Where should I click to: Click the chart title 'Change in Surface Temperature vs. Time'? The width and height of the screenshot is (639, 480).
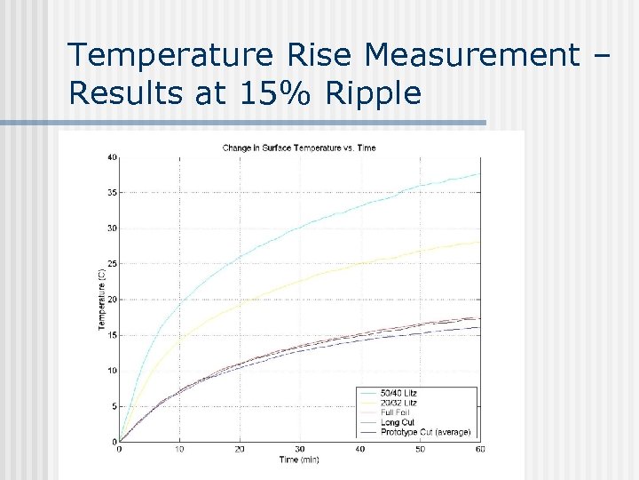pos(298,148)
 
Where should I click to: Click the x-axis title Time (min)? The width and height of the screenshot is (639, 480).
pos(298,460)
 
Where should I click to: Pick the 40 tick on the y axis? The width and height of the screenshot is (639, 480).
pos(111,157)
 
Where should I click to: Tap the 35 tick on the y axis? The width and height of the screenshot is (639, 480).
pos(111,193)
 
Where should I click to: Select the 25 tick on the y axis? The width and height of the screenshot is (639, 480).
pos(111,264)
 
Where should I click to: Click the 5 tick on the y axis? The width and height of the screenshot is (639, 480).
pos(113,406)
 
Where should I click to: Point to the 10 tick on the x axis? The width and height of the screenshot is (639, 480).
pos(179,450)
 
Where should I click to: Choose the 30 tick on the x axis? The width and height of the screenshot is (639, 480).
pos(299,450)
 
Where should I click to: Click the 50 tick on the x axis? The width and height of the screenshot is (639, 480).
pos(420,450)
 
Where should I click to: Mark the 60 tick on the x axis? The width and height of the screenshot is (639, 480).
pos(479,450)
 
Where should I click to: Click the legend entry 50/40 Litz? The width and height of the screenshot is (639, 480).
pos(398,393)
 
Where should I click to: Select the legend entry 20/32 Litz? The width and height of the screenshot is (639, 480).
pos(398,403)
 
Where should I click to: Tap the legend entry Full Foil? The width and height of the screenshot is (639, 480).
pos(396,412)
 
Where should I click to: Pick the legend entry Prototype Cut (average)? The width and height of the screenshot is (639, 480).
pos(425,432)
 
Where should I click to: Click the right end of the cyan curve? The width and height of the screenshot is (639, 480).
pos(479,174)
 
